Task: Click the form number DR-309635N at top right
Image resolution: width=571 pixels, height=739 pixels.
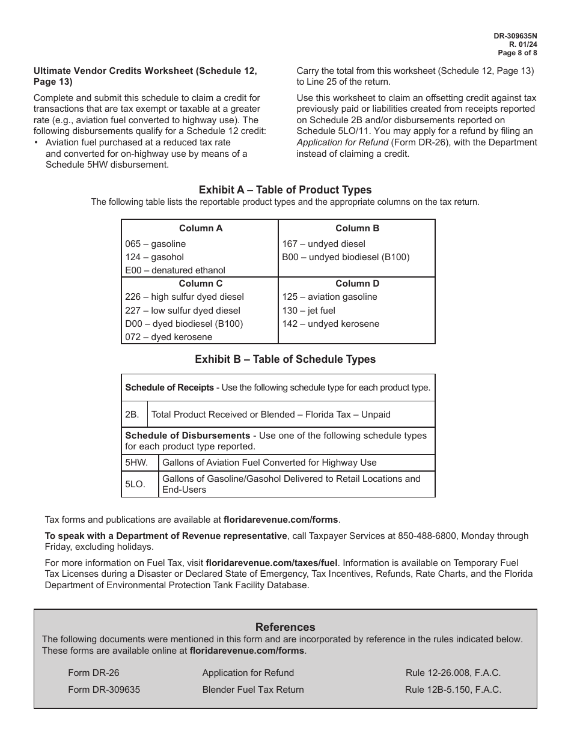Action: [515, 36]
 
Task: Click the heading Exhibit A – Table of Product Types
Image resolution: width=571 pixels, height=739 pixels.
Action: [285, 190]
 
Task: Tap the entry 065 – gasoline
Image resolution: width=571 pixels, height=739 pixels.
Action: [156, 244]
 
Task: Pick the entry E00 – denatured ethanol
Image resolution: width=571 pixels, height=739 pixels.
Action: [175, 270]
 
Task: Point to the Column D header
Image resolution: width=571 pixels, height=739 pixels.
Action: [357, 284]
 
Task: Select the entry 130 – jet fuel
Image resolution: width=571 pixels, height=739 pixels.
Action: [308, 311]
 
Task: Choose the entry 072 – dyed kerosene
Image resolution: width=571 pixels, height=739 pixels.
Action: [168, 337]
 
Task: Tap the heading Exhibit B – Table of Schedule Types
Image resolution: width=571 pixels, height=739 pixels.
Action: [285, 359]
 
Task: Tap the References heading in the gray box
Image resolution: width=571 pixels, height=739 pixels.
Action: [285, 627]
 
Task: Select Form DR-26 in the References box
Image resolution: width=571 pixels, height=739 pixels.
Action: [90, 673]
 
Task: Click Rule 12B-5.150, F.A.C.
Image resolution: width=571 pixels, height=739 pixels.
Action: [453, 690]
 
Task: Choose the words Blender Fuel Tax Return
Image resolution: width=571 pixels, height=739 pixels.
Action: [253, 690]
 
